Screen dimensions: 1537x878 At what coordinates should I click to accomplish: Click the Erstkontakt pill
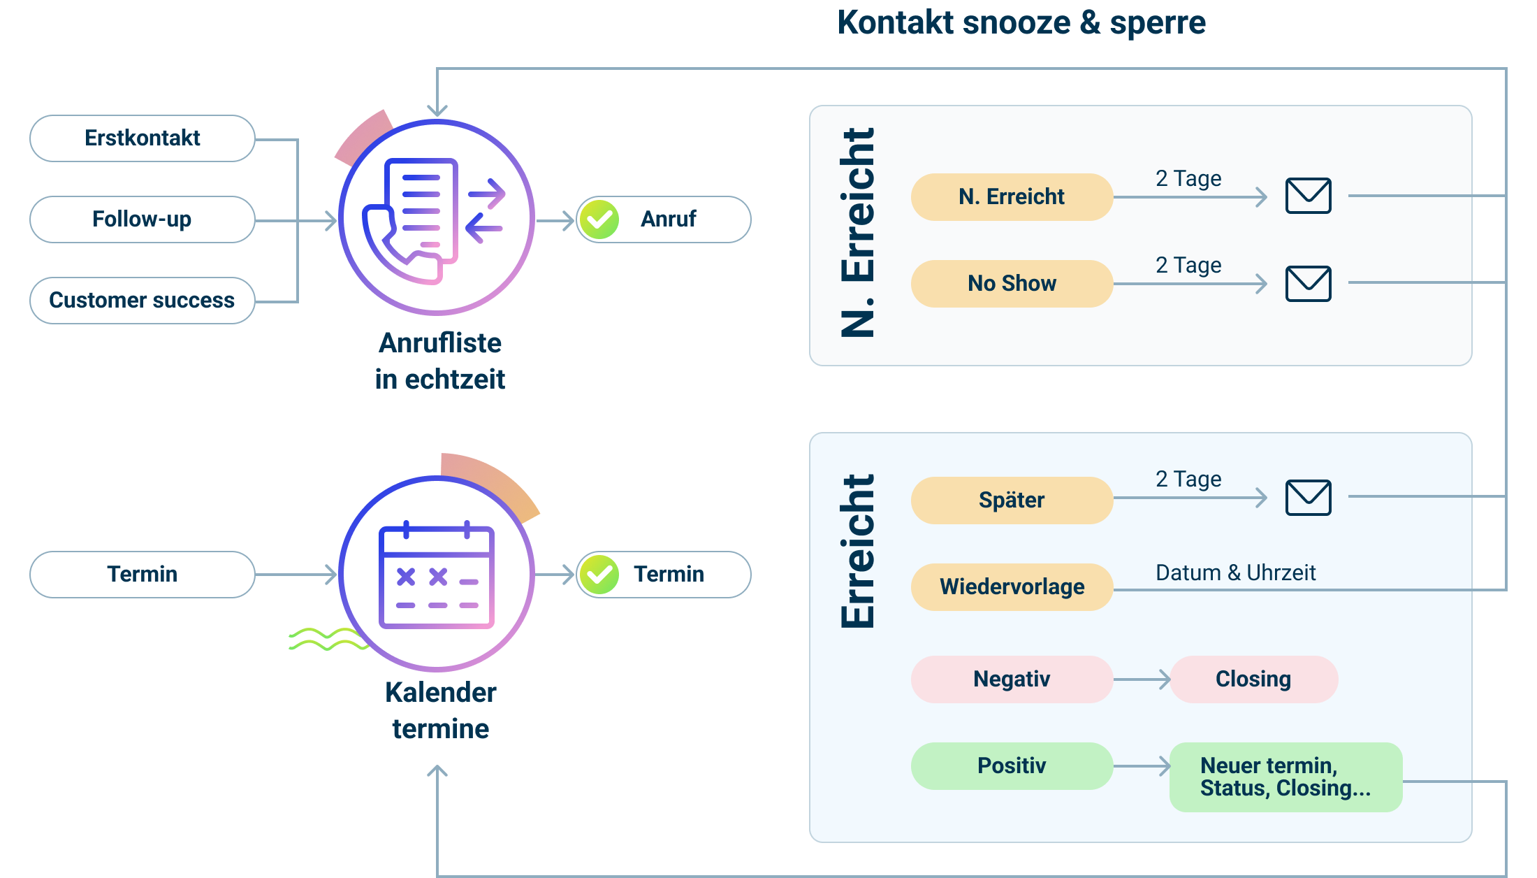click(143, 138)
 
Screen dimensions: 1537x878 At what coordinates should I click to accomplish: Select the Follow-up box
click(143, 219)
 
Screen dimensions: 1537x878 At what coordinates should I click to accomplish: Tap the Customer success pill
click(143, 301)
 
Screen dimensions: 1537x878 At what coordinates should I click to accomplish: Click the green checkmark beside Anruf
click(599, 219)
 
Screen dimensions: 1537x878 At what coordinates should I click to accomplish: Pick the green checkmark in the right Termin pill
click(599, 575)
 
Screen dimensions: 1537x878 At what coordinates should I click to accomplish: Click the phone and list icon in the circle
click(433, 220)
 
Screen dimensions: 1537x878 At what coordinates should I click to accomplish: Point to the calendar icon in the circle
click(437, 575)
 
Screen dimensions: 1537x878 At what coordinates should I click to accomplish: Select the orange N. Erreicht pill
click(1012, 197)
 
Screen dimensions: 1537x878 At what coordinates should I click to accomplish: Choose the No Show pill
click(1012, 284)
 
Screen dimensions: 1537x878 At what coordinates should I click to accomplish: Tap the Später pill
click(1012, 501)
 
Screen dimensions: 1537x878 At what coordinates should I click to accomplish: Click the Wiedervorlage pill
click(1012, 587)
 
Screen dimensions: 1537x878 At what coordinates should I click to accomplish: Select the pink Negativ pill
click(1012, 679)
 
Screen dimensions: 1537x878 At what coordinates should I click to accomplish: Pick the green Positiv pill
click(1012, 766)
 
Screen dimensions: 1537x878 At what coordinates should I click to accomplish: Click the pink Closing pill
click(1254, 679)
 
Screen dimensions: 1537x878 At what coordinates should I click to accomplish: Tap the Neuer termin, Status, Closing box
click(1286, 777)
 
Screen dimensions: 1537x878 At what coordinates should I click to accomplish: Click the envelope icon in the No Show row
click(1309, 284)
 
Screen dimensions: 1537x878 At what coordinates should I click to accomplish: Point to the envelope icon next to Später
click(1309, 498)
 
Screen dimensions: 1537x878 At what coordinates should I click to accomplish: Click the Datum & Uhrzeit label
click(1235, 573)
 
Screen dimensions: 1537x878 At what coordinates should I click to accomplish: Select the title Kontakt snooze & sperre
click(1021, 22)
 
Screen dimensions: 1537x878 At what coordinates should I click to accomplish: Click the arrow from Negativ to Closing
click(1142, 679)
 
